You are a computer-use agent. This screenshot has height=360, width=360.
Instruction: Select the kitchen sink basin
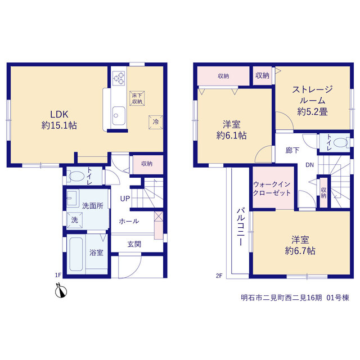pyautogui.click(x=119, y=116)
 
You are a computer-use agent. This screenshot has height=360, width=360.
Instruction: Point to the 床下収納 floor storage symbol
pyautogui.click(x=137, y=98)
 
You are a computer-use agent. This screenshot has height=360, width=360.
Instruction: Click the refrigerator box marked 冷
pyautogui.click(x=156, y=122)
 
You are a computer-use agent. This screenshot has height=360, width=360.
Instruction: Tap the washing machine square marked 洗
pyautogui.click(x=74, y=220)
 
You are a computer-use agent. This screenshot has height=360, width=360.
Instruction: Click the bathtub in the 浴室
pyautogui.click(x=76, y=254)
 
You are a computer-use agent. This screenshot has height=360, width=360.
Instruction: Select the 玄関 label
pyautogui.click(x=134, y=244)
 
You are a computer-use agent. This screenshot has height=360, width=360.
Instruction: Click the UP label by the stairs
pyautogui.click(x=125, y=199)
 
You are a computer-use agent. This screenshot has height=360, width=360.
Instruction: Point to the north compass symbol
pyautogui.click(x=61, y=291)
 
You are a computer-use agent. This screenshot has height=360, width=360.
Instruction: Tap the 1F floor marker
pyautogui.click(x=58, y=275)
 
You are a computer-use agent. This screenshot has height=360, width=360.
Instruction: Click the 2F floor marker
pyautogui.click(x=219, y=276)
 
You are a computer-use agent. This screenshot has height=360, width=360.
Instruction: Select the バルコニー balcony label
pyautogui.click(x=240, y=227)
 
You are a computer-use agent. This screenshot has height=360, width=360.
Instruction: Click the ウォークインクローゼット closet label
pyautogui.click(x=272, y=188)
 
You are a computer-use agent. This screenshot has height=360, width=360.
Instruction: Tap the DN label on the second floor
pyautogui.click(x=309, y=165)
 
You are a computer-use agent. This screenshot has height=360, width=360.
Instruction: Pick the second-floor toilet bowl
pyautogui.click(x=341, y=142)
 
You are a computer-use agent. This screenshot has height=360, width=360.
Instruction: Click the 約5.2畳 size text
pyautogui.click(x=312, y=112)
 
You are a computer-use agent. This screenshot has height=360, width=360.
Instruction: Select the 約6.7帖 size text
pyautogui.click(x=300, y=251)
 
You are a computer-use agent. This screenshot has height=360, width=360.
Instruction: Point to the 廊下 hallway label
pyautogui.click(x=292, y=150)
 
